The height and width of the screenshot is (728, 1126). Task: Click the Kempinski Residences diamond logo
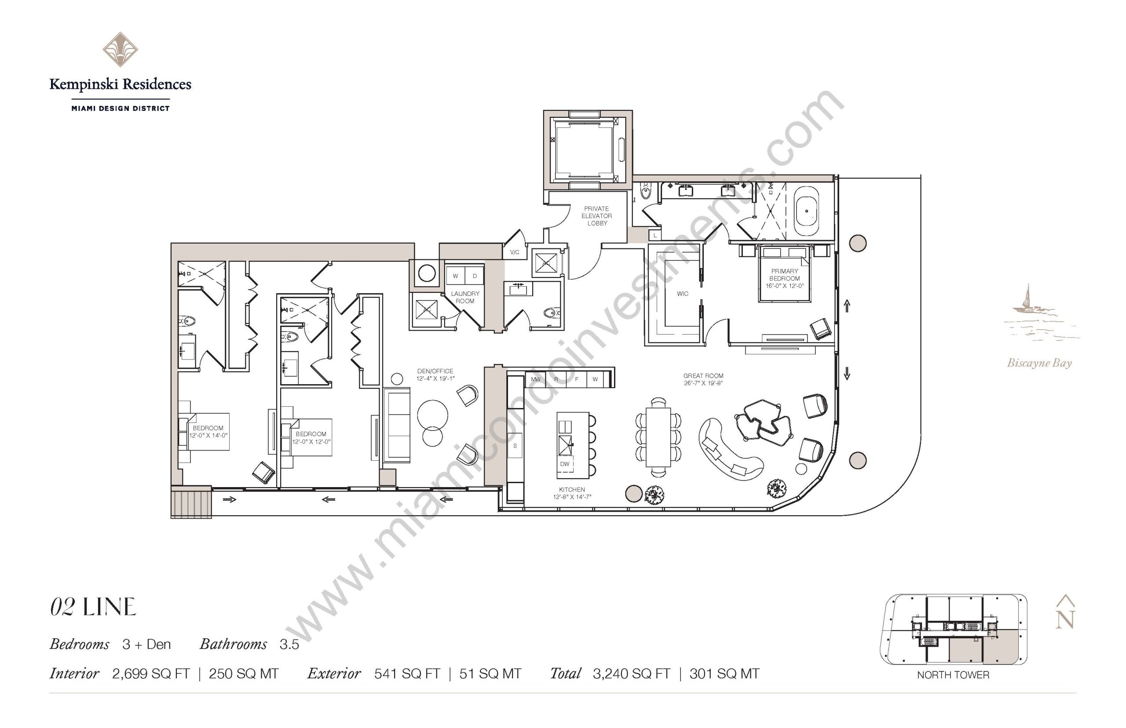(120, 49)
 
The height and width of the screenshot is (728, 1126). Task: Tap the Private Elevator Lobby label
(597, 215)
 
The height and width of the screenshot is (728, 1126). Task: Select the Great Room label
(703, 379)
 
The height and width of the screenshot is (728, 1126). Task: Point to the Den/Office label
(435, 375)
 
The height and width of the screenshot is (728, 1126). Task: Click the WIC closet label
(682, 294)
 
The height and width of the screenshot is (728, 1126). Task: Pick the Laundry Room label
(465, 297)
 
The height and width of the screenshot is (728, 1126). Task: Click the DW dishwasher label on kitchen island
(565, 464)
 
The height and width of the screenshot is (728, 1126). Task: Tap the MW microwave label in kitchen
(535, 379)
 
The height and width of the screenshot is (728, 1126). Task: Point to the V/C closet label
(515, 252)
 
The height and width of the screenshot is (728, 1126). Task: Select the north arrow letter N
(1065, 619)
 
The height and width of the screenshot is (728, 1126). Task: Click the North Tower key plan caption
(953, 674)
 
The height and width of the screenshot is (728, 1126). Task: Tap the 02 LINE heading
(93, 607)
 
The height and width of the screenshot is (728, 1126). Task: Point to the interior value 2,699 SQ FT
(151, 673)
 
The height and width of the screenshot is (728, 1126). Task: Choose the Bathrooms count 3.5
(289, 644)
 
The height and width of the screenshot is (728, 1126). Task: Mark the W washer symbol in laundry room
(455, 276)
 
